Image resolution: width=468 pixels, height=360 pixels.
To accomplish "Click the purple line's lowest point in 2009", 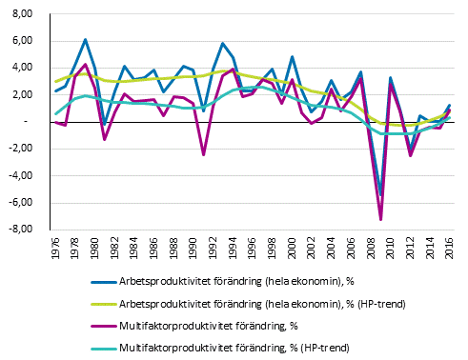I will pos(381,220).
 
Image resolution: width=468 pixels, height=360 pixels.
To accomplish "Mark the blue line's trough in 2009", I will pos(381,193).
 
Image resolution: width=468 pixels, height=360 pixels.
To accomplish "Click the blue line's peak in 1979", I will pos(86,40).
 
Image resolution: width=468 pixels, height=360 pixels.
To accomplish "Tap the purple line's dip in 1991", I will pos(204,154).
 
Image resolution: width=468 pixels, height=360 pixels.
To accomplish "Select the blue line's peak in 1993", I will pos(223,44).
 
